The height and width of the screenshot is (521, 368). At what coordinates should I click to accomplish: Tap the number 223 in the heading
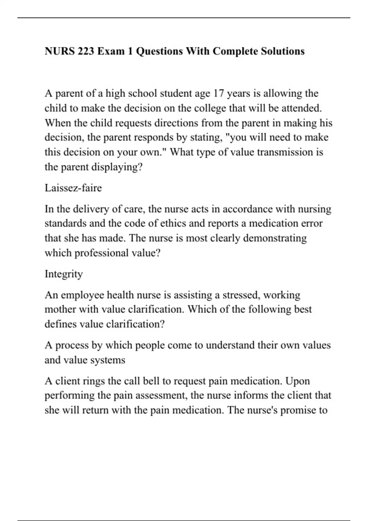[x=86, y=51]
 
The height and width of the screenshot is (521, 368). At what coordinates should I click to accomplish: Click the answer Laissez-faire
[x=73, y=188]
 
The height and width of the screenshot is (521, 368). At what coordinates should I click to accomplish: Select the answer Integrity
[x=64, y=274]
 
